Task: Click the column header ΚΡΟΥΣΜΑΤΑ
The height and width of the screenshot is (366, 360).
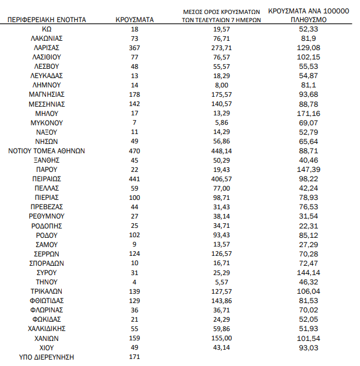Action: click(x=135, y=19)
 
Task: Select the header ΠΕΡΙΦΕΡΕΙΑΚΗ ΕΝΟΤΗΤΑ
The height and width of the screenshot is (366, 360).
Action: click(x=47, y=19)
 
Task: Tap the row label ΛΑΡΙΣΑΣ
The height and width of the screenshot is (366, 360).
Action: click(x=47, y=47)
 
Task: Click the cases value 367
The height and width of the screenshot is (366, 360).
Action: click(x=135, y=47)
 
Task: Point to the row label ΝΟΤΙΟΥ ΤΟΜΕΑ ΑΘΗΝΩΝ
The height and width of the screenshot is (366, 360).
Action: click(x=47, y=150)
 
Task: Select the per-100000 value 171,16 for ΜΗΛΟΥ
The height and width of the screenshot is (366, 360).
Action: click(x=307, y=113)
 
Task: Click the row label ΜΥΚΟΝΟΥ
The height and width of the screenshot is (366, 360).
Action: click(x=47, y=122)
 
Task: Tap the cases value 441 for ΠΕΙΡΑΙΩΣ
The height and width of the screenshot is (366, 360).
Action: click(x=135, y=178)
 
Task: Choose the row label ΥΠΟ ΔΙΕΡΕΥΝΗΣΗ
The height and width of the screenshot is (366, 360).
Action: click(x=47, y=357)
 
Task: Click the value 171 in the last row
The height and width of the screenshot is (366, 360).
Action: click(x=135, y=357)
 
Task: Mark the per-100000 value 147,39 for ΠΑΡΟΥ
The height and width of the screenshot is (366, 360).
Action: click(x=307, y=169)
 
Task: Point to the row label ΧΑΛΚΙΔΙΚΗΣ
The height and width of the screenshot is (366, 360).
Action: click(x=47, y=329)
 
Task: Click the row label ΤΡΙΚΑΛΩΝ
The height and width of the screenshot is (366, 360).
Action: click(x=47, y=291)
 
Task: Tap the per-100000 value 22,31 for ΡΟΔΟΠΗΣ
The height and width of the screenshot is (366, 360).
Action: click(x=307, y=226)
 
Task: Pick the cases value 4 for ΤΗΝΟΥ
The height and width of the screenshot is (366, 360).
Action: click(x=135, y=281)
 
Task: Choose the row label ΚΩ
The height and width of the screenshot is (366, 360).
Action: click(x=47, y=29)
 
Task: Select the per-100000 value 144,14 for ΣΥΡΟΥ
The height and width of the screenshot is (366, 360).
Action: click(x=307, y=272)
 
